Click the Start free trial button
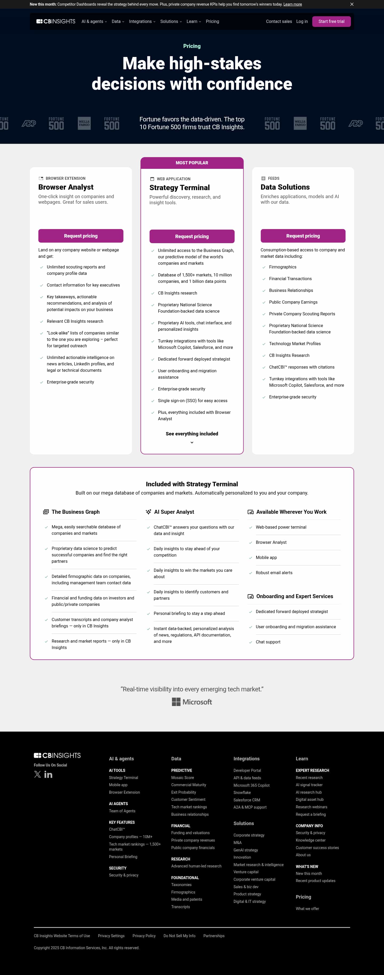pos(331,22)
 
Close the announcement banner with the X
pos(352,4)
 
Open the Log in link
pos(302,22)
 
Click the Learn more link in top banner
pos(292,5)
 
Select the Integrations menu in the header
pos(142,22)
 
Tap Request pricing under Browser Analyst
pos(81,236)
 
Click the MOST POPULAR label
pos(192,163)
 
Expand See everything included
pos(192,434)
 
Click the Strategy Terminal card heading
pos(179,188)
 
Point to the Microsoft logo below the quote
pos(192,702)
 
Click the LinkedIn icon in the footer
pos(48,775)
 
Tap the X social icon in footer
pos(37,774)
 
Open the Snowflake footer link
pos(242,793)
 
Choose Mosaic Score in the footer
pos(182,777)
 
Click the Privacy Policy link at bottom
pos(144,936)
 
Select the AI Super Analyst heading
pos(174,512)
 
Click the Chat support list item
pos(268,642)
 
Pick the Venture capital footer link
pos(246,872)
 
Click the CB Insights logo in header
pos(56,22)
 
